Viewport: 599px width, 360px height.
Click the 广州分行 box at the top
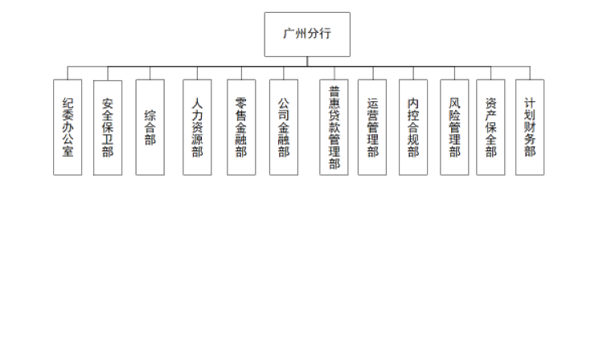(x=307, y=35)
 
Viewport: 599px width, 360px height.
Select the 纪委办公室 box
(x=68, y=127)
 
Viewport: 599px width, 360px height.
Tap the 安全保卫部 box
(x=108, y=128)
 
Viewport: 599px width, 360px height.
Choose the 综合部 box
(x=150, y=127)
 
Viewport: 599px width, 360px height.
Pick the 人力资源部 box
(x=197, y=127)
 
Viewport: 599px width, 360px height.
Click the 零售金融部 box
(x=241, y=127)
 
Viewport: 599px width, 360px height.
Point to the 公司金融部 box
(x=284, y=127)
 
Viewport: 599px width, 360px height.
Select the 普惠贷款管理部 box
(x=334, y=127)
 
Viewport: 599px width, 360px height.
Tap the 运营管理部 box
(x=372, y=127)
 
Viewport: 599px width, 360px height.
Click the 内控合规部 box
(x=413, y=127)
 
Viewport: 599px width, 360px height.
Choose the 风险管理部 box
(x=454, y=127)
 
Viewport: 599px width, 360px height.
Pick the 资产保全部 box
(x=491, y=127)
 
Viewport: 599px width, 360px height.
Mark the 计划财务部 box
(x=530, y=127)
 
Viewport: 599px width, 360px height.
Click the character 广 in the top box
(x=289, y=34)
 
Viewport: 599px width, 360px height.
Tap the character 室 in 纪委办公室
(x=68, y=151)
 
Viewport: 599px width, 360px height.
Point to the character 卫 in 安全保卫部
(x=108, y=139)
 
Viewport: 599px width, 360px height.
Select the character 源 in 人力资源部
(x=197, y=139)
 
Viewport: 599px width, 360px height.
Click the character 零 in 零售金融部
(x=241, y=103)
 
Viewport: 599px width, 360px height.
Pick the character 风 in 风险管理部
(x=454, y=103)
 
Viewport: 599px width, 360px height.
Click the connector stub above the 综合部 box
(x=150, y=73)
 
